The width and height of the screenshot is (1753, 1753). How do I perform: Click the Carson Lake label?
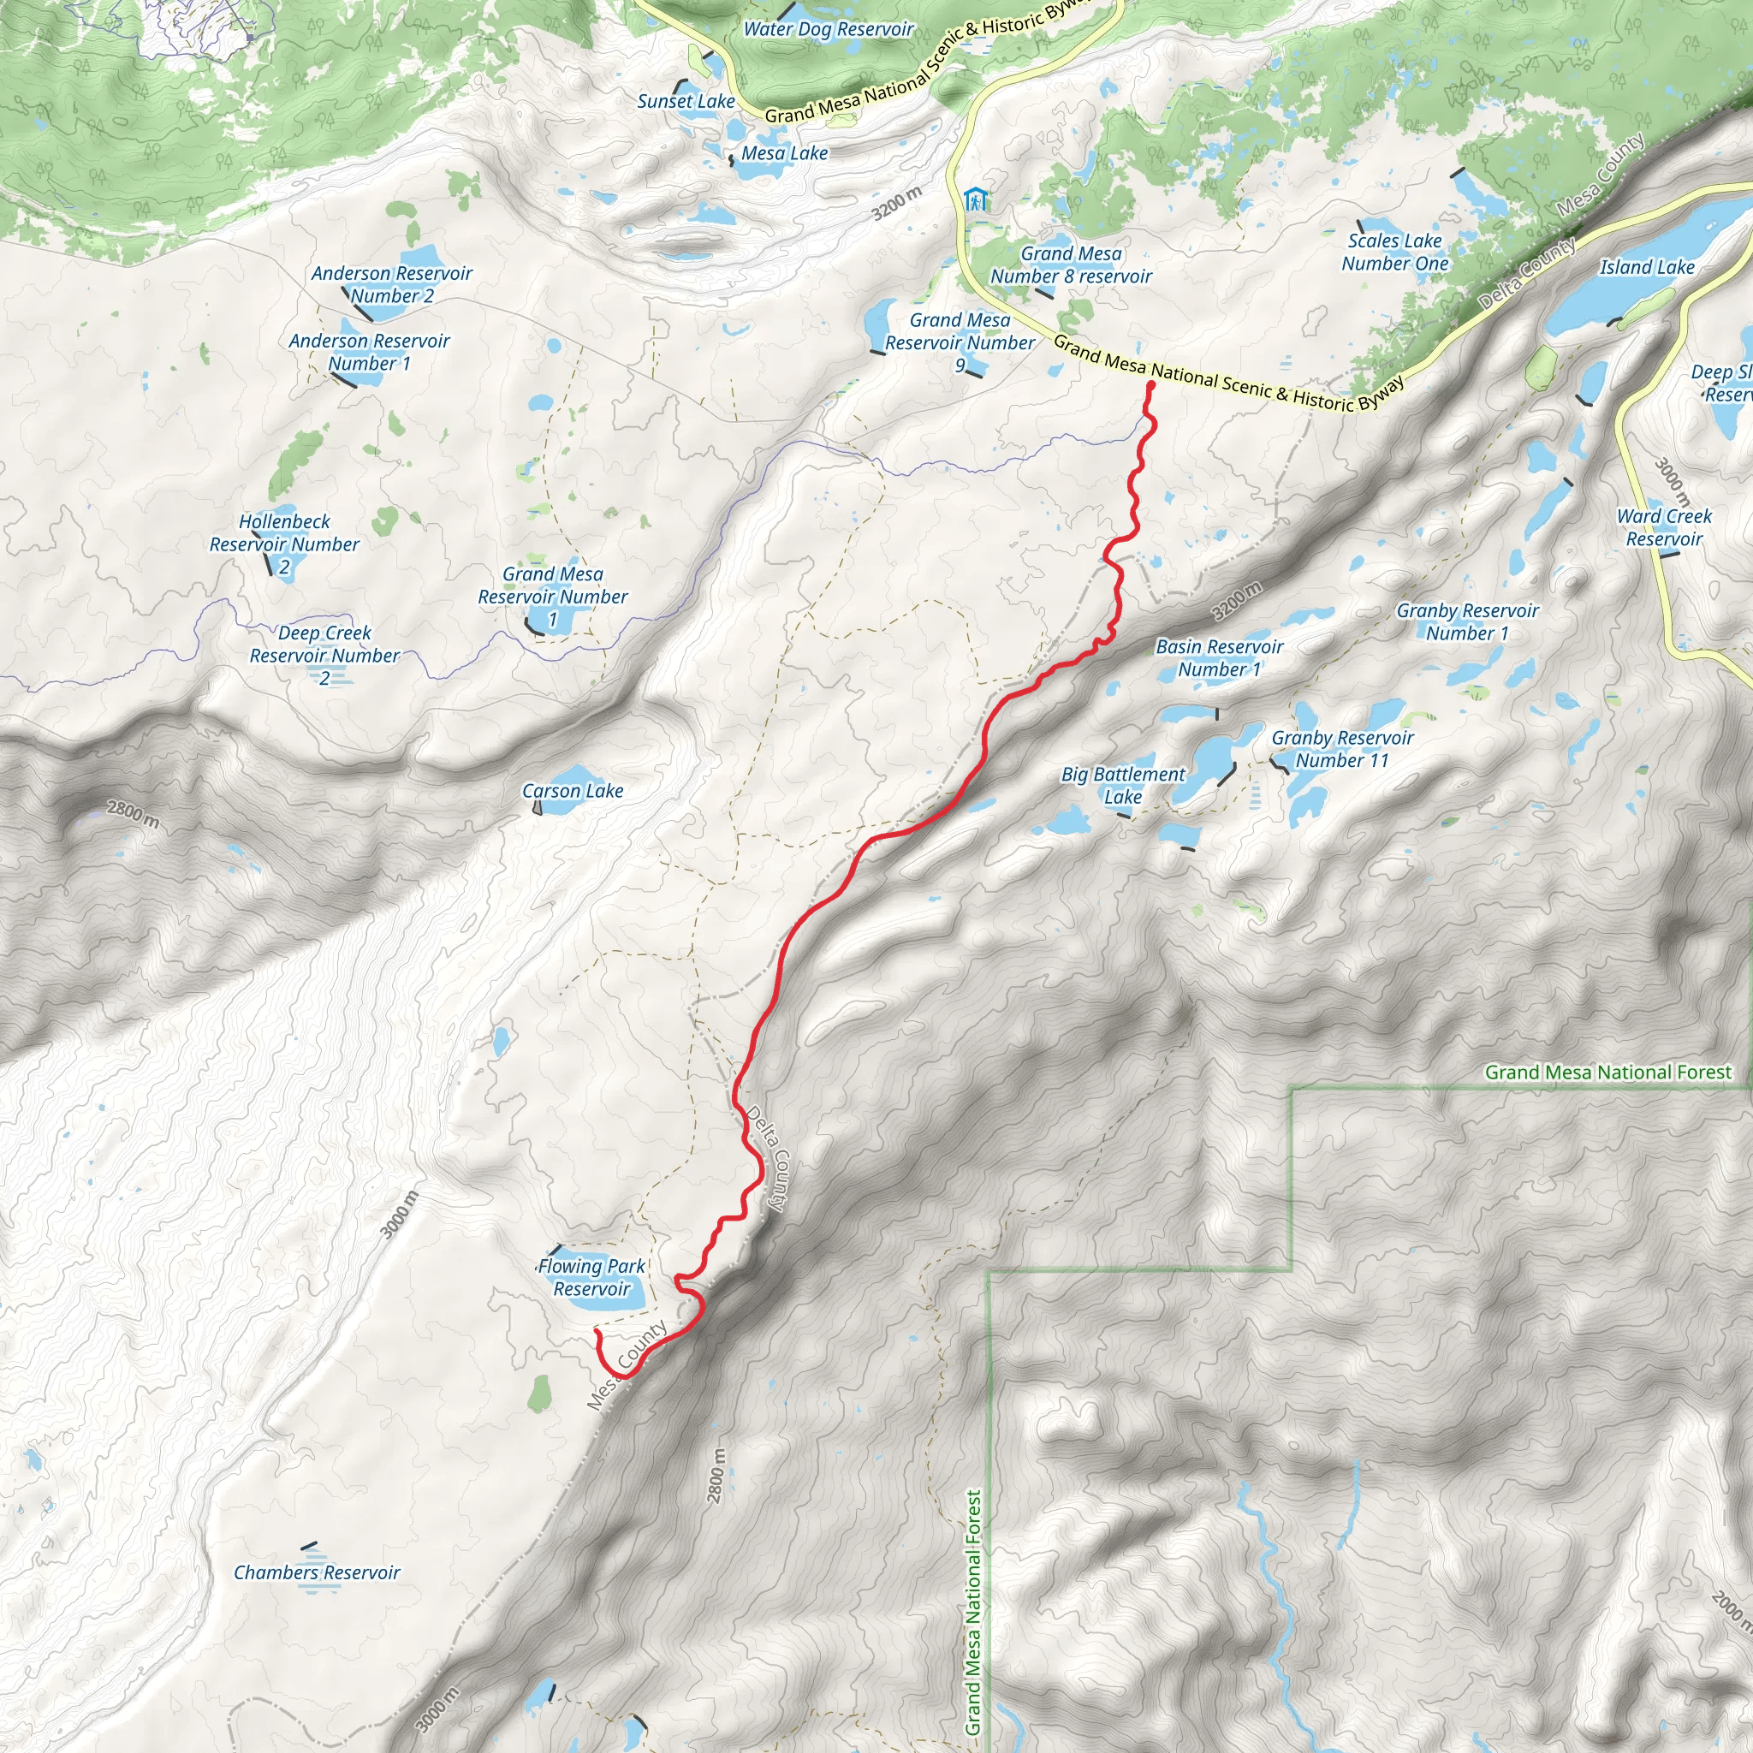[573, 790]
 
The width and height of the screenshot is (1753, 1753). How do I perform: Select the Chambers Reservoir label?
[317, 1572]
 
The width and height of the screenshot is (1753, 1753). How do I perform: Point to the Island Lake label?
[1647, 267]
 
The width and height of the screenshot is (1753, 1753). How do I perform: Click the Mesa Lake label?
[784, 153]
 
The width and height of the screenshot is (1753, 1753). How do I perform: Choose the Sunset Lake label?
[686, 102]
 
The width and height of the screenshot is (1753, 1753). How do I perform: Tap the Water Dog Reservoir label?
[829, 29]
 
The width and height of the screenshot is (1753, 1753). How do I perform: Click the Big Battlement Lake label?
[1123, 785]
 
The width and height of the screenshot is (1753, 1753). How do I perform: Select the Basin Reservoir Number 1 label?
[1220, 658]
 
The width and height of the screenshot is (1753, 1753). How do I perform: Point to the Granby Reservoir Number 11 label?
[1342, 749]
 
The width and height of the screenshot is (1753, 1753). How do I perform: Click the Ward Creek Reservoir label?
[1664, 527]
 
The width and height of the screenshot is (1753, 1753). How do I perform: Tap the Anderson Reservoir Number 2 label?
[392, 284]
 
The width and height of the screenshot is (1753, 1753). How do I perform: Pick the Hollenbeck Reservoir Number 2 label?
[284, 544]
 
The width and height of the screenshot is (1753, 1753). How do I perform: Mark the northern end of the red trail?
[1150, 386]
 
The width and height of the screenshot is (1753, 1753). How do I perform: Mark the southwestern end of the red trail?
[596, 1331]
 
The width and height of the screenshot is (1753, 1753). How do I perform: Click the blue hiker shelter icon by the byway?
[976, 199]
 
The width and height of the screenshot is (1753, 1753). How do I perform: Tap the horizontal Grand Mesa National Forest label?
[1607, 1073]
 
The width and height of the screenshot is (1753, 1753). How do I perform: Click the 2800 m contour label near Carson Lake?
[134, 814]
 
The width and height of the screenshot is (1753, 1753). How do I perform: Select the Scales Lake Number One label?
[1394, 253]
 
